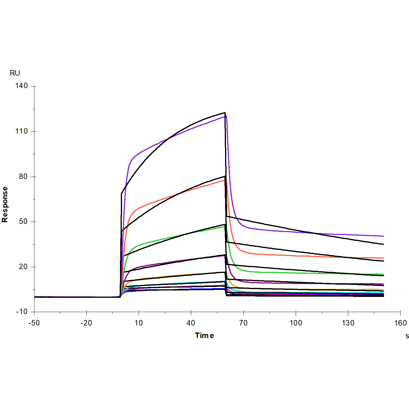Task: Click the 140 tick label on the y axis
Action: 21,86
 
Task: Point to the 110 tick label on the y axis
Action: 21,131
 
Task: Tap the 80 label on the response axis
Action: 23,177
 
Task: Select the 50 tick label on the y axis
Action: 23,222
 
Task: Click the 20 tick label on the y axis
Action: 23,267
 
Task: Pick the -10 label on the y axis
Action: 22,312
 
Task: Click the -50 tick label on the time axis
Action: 34,323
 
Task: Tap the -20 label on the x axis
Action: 86,323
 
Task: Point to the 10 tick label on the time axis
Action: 139,323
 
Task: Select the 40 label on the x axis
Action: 191,323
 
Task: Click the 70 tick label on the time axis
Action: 243,323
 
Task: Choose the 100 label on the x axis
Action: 296,323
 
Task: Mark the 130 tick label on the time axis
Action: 348,323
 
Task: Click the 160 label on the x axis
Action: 401,323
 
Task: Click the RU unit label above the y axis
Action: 15,73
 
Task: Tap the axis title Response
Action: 5,204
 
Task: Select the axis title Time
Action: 204,336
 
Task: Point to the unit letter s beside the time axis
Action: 407,336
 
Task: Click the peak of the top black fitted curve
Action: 225,113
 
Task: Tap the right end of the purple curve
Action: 383,236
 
